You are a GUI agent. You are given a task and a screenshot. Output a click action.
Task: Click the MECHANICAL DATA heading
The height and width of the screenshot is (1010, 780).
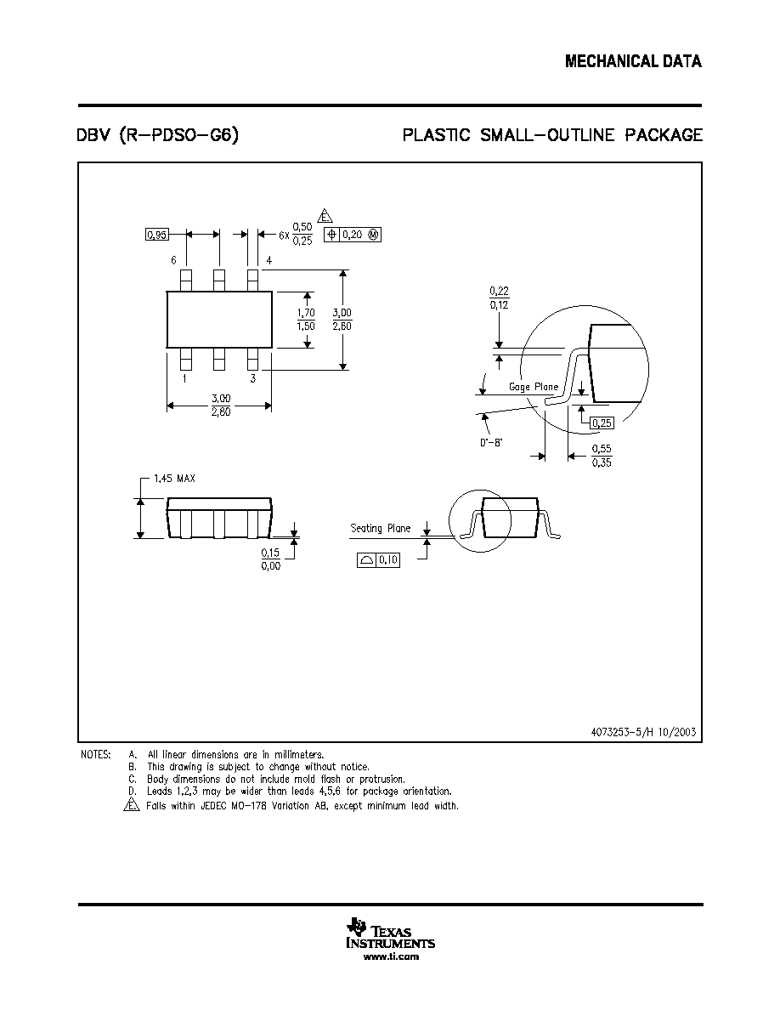pyautogui.click(x=633, y=61)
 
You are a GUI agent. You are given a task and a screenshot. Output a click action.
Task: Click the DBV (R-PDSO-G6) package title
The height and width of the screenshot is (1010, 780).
pyautogui.click(x=158, y=135)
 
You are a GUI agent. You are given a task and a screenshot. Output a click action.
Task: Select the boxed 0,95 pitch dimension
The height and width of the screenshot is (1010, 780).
pyautogui.click(x=157, y=235)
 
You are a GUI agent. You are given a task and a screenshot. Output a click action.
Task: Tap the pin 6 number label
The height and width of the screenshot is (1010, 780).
pyautogui.click(x=174, y=260)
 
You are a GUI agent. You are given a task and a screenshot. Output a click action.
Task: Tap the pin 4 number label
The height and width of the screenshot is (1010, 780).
pyautogui.click(x=269, y=260)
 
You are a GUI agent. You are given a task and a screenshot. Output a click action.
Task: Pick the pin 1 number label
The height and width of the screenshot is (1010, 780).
pyautogui.click(x=184, y=379)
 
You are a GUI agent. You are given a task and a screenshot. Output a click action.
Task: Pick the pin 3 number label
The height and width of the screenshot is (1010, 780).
pyautogui.click(x=253, y=379)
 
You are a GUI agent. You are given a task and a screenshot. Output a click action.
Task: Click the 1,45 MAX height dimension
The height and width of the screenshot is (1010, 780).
pyautogui.click(x=174, y=479)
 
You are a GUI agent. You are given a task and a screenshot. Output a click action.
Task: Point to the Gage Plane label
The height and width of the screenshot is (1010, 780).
pyautogui.click(x=534, y=387)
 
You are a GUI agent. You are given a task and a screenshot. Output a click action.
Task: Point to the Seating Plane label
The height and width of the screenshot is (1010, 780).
pyautogui.click(x=381, y=529)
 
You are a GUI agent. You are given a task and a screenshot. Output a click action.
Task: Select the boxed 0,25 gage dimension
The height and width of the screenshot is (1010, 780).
pyautogui.click(x=602, y=423)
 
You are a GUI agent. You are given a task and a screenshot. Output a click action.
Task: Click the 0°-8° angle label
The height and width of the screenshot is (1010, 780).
pyautogui.click(x=491, y=443)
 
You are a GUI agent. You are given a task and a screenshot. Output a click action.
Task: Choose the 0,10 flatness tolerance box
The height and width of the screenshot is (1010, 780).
pyautogui.click(x=378, y=560)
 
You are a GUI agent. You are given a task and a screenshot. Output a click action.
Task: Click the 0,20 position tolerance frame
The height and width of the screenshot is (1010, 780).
pyautogui.click(x=353, y=235)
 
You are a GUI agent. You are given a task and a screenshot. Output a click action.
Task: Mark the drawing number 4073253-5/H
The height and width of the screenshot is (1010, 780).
pyautogui.click(x=623, y=732)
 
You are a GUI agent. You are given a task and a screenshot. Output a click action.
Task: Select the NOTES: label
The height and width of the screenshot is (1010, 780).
pyautogui.click(x=96, y=754)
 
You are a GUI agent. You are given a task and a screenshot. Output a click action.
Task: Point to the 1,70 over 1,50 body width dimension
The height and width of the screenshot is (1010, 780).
pyautogui.click(x=307, y=320)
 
